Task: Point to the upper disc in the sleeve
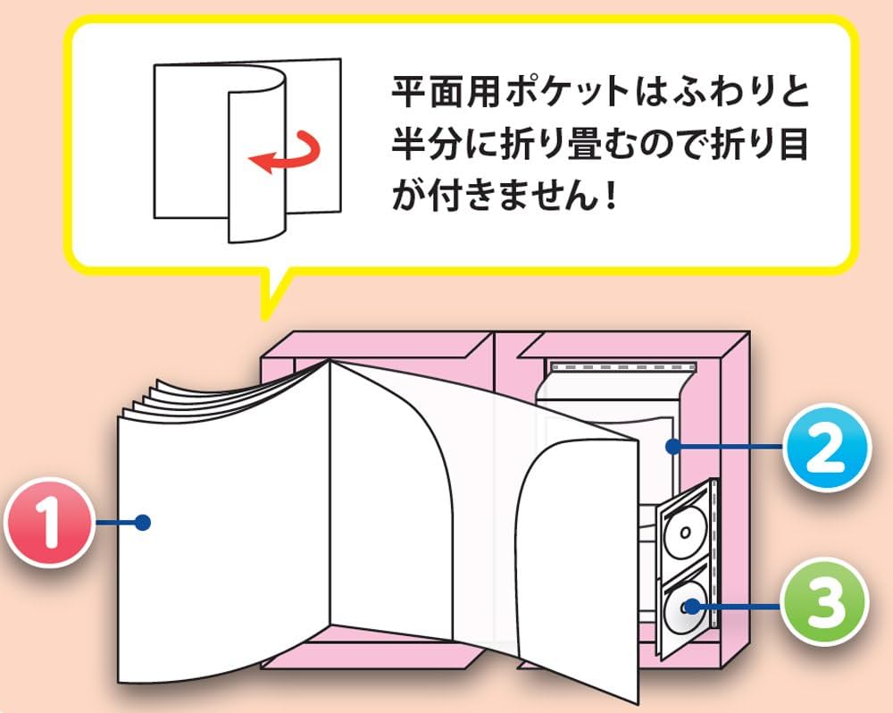point(683,535)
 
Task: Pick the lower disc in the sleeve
point(685,608)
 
